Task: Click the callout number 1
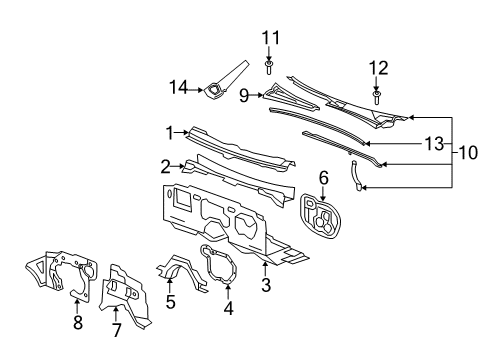point(171,131)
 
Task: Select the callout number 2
point(165,164)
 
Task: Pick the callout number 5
point(171,301)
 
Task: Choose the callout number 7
point(115,329)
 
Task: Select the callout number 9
point(243,96)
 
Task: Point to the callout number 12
point(377,67)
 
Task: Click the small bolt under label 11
point(269,67)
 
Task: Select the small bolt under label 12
point(377,96)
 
